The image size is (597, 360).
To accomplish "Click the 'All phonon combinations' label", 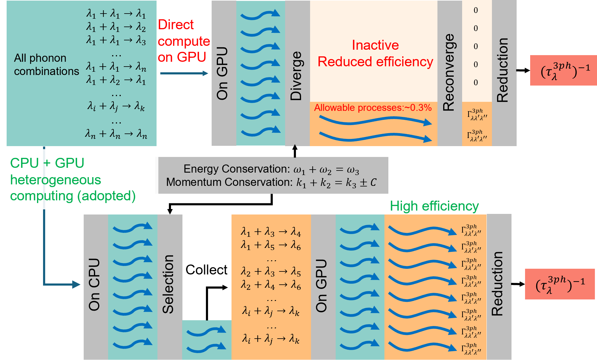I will tap(46, 64).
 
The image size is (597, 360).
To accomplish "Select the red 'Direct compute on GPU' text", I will tap(183, 41).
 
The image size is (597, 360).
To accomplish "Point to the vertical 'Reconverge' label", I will tap(449, 72).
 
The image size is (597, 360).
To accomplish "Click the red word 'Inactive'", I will tap(375, 45).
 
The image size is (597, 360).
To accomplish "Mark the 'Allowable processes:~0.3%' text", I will tap(373, 108).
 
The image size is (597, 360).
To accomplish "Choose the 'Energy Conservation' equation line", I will tap(271, 169).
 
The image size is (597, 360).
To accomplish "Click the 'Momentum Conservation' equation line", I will tap(271, 183).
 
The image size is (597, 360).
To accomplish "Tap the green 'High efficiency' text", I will tap(434, 206).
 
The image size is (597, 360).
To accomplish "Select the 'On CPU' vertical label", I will tap(95, 284).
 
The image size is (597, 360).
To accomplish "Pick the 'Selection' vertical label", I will tap(168, 284).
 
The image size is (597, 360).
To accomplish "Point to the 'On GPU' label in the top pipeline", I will tap(222, 73).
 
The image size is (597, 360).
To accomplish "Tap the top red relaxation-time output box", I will tap(563, 70).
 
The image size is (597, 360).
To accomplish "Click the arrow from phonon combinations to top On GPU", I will tap(184, 73).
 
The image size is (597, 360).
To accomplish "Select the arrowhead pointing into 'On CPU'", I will tap(76, 284).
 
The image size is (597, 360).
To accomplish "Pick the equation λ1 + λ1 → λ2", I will tap(116, 27).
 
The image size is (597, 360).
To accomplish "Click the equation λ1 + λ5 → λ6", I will tap(271, 246).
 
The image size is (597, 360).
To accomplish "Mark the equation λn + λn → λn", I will tap(116, 134).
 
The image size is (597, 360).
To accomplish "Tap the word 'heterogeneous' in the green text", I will tap(56, 180).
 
